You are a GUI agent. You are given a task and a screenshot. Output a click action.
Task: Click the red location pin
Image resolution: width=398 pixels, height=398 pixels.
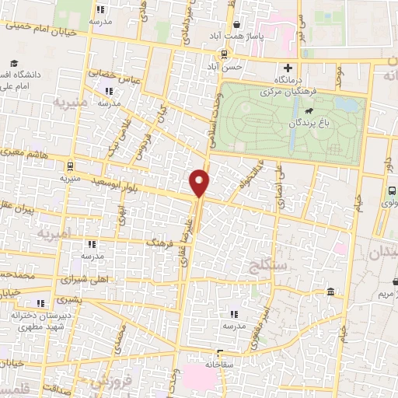(201, 183)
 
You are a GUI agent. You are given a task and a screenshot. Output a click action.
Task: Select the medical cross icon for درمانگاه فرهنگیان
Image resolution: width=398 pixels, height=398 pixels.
(288, 68)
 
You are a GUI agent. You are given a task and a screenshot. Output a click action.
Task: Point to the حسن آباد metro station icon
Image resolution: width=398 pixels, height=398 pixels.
(225, 54)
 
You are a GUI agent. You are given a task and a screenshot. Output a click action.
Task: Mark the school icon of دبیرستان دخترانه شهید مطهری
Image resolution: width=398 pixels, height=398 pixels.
(40, 303)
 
